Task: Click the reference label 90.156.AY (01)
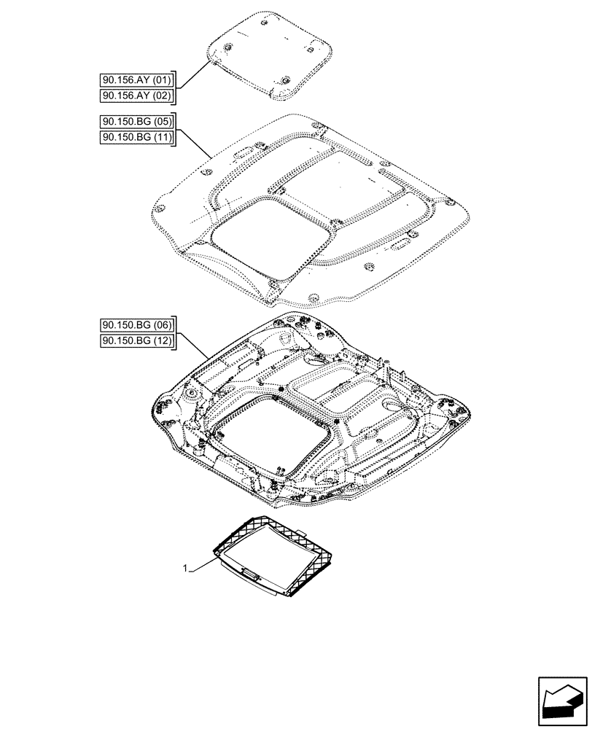(x=136, y=80)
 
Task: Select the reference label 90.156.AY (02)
(x=136, y=95)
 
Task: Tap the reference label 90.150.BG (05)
(x=136, y=122)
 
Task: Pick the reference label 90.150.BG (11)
(x=136, y=137)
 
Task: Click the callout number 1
(x=186, y=566)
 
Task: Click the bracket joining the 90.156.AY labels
(x=176, y=88)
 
